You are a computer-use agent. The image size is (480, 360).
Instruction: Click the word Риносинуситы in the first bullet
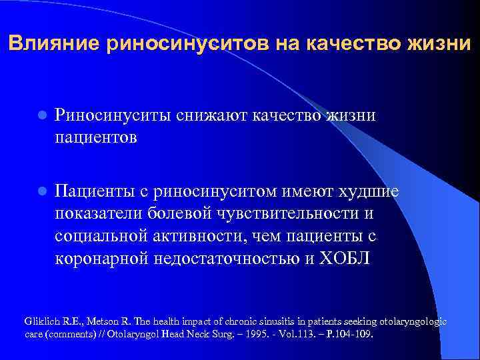[x=114, y=115]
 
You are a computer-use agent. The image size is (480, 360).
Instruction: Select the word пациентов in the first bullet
[x=96, y=137]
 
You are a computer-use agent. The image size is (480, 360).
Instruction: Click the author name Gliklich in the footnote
[x=39, y=321]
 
